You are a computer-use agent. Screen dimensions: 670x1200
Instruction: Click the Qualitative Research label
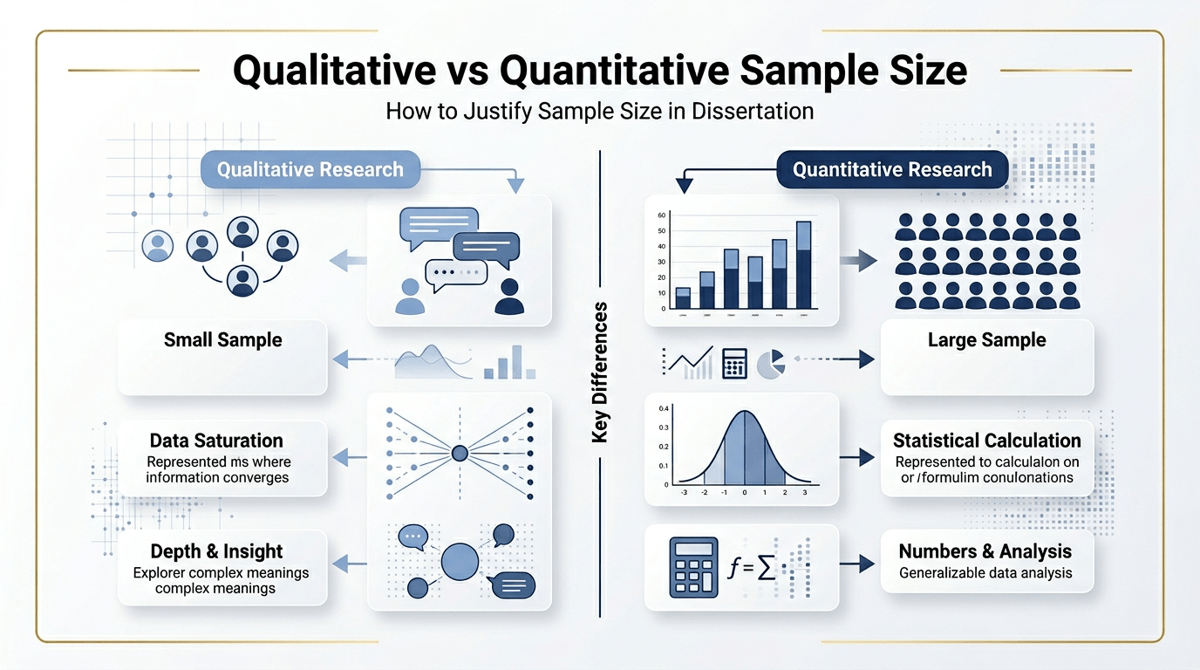click(x=310, y=169)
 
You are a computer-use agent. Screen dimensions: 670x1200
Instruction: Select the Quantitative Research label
click(x=891, y=169)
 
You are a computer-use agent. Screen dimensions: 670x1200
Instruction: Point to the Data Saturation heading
click(x=216, y=441)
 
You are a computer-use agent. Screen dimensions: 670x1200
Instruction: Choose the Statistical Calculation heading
click(x=986, y=441)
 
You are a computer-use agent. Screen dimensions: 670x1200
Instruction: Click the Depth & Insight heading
click(x=216, y=551)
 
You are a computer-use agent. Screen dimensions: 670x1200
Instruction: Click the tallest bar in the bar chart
click(x=803, y=265)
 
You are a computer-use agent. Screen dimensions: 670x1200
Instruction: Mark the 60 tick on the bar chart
click(x=661, y=215)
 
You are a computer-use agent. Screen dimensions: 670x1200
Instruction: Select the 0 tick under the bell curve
click(x=744, y=493)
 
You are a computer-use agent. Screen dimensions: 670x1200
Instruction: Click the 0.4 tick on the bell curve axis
click(x=664, y=408)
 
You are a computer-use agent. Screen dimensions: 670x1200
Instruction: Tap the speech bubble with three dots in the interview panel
click(x=455, y=272)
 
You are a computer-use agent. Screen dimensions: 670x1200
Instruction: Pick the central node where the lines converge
click(x=460, y=453)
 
